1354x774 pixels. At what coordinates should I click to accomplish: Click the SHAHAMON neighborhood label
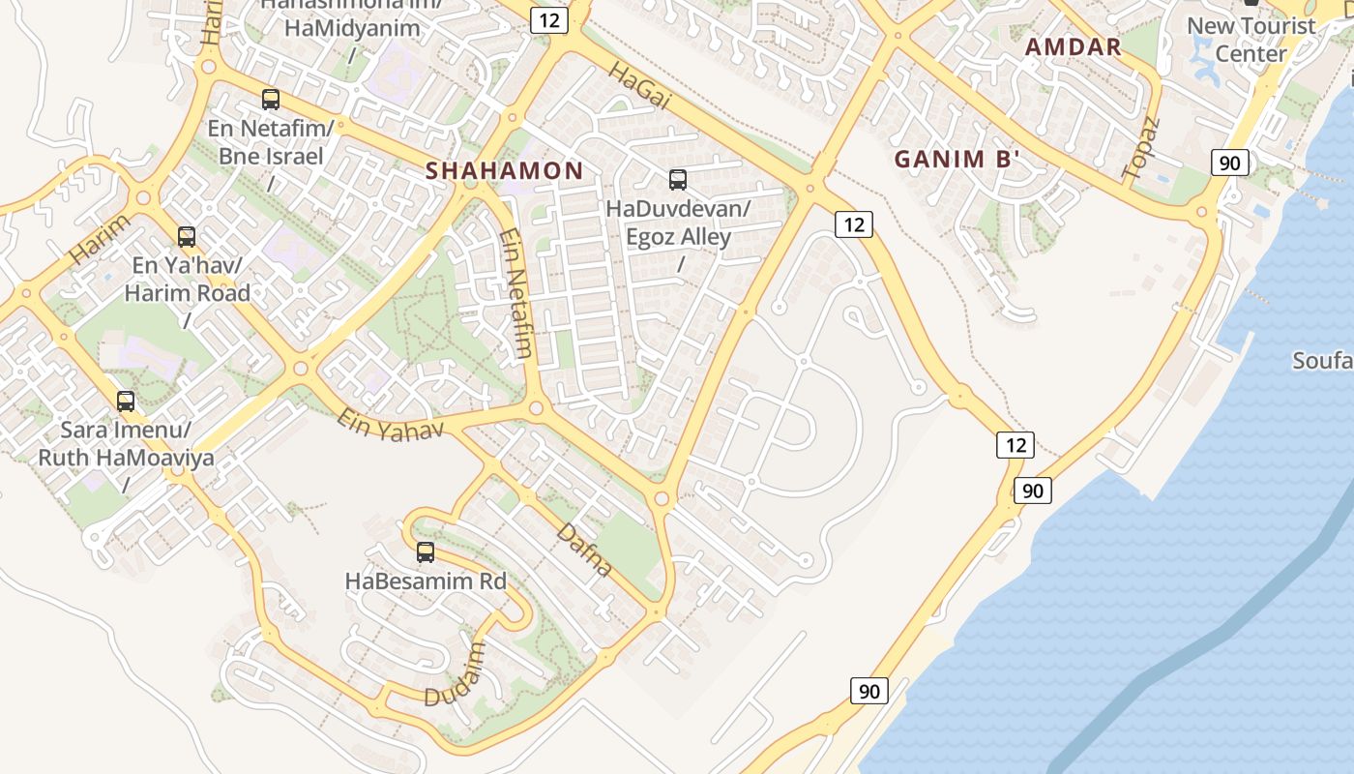[x=504, y=171]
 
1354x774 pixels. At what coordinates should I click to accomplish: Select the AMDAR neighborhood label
[x=1073, y=46]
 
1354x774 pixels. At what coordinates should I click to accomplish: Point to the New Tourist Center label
[x=1251, y=40]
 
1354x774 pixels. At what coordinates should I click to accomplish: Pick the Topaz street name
[x=1140, y=148]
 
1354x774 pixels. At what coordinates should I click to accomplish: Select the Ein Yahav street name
[x=390, y=423]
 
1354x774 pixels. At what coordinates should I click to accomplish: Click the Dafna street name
[x=585, y=548]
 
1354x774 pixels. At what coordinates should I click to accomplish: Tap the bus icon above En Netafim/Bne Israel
[x=271, y=99]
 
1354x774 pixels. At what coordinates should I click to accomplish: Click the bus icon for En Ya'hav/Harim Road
[x=186, y=236]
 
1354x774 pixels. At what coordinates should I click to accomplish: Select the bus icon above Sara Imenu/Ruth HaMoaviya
[x=126, y=401]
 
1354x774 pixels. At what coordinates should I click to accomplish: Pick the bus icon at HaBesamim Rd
[x=426, y=552]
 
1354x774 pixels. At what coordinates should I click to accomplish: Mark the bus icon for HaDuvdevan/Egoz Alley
[x=678, y=179]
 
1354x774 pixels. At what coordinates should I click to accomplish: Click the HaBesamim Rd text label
[x=426, y=581]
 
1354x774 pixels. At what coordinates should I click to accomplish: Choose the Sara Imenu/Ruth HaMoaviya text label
[x=126, y=444]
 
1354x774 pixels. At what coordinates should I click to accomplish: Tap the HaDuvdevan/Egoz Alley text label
[x=678, y=223]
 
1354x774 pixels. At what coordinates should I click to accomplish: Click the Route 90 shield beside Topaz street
[x=1229, y=163]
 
